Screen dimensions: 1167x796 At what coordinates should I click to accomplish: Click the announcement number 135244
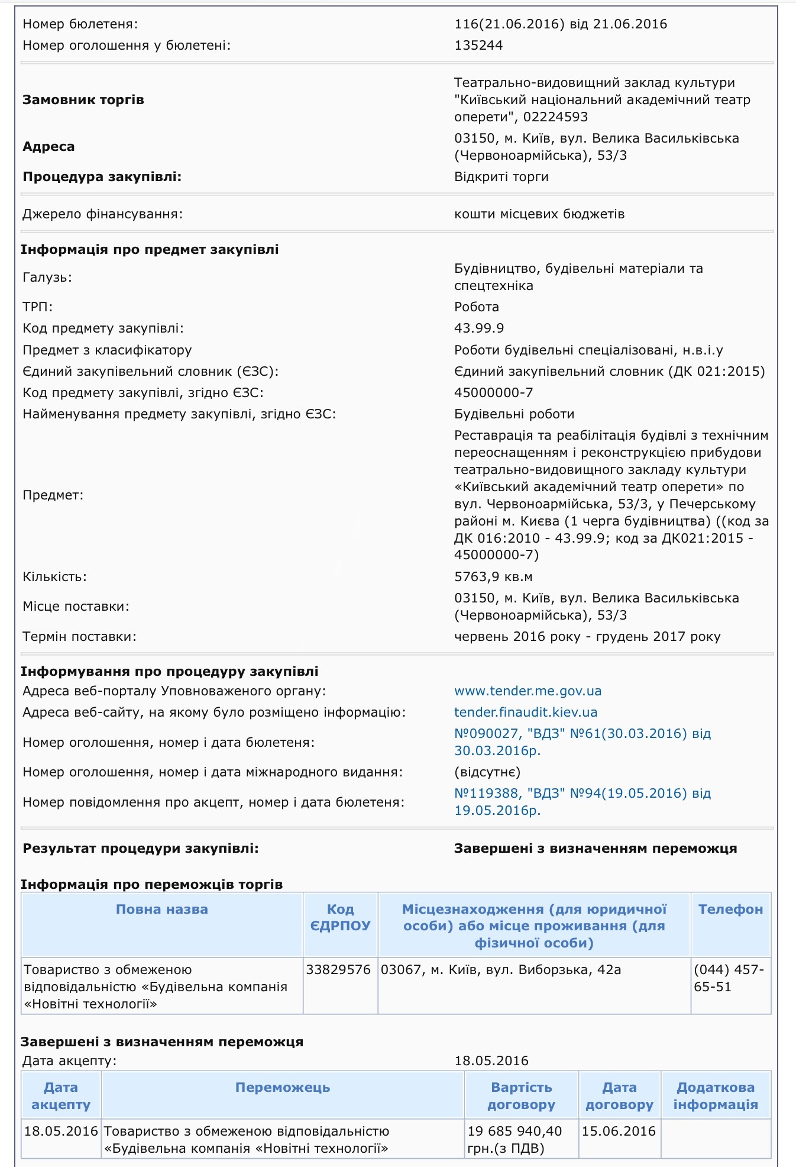pos(478,45)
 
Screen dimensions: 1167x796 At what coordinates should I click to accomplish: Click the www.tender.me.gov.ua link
pos(528,691)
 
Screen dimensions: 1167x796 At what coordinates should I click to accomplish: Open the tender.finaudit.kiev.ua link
pos(526,712)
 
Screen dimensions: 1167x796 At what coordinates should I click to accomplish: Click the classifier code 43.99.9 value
pos(479,328)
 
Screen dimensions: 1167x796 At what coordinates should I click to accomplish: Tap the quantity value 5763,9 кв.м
pos(493,576)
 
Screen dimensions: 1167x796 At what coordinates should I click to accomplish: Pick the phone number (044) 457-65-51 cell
pos(729,978)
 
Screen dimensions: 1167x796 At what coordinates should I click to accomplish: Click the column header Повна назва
pos(161,909)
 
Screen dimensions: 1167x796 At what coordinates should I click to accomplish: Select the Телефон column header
pos(730,909)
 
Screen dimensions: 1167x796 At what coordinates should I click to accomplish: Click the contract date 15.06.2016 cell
pos(619,1131)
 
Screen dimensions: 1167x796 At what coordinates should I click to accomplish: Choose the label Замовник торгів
pos(83,99)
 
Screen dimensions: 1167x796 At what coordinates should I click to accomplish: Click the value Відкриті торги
pos(501,176)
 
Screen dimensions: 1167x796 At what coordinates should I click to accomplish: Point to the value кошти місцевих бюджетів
pos(539,214)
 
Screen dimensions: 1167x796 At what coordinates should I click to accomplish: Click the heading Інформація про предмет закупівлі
pos(150,249)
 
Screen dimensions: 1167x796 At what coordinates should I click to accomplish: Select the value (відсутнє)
pos(487,772)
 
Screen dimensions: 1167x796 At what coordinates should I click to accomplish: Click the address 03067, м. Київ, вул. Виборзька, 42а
pos(501,969)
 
